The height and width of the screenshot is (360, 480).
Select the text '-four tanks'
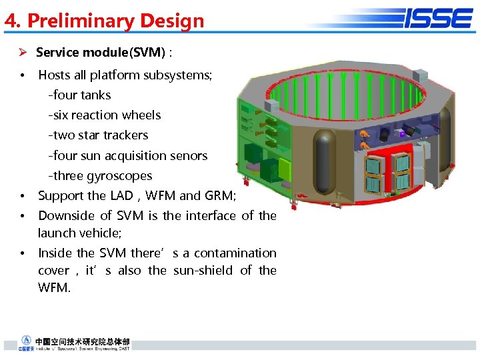[x=79, y=95]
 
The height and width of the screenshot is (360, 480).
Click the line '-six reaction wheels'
[x=104, y=115]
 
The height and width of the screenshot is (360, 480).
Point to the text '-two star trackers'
[x=98, y=135]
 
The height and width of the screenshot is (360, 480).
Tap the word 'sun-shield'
[x=203, y=270]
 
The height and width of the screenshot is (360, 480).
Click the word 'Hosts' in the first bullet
[x=55, y=75]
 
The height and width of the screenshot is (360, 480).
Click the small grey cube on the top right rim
[x=421, y=74]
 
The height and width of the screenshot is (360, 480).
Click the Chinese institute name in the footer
[x=83, y=340]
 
